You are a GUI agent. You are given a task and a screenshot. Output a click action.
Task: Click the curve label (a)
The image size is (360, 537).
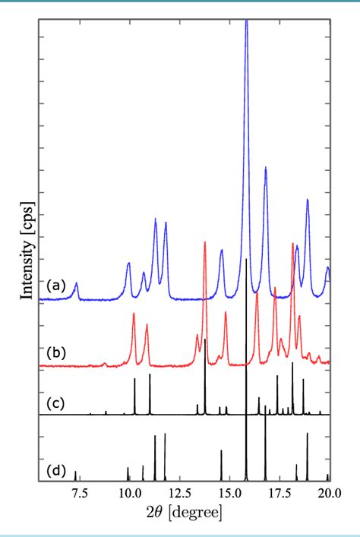point(56,286)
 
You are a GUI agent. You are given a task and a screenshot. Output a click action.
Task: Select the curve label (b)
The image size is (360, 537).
point(56,353)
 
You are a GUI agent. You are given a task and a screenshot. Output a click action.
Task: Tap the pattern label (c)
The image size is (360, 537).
point(56,402)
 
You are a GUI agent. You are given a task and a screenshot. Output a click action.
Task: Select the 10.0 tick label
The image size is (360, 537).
point(128,494)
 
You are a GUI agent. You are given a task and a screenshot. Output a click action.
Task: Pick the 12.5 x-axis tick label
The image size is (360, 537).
point(178,494)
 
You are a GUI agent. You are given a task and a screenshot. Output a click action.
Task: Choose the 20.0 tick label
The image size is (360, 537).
point(328,494)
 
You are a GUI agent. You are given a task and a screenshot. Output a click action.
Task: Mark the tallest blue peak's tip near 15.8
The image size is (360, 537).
point(246,21)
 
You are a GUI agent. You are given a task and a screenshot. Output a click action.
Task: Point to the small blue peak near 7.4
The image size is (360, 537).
point(76,283)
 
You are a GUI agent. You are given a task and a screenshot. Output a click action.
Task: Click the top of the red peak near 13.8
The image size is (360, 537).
point(205,243)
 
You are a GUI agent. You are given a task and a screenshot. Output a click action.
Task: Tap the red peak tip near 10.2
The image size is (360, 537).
point(134,314)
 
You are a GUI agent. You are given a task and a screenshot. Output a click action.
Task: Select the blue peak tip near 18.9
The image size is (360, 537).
point(308,200)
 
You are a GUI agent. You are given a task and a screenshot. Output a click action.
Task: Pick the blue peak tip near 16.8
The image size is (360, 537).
point(265,168)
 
